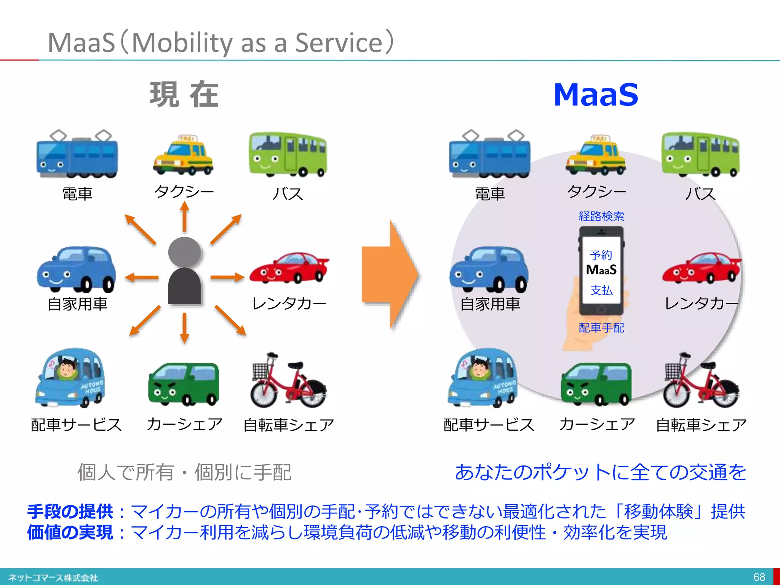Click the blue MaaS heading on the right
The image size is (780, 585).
596,95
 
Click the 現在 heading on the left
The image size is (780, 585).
184,94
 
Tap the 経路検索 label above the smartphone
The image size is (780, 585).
601,216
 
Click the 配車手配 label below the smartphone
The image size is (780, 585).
601,328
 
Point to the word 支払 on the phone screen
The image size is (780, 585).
601,290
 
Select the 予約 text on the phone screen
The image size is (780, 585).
601,255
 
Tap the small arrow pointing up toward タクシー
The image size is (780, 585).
185,216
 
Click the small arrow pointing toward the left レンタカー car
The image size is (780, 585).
227,277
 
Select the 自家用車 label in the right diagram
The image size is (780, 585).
490,304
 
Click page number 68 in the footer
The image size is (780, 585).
759,577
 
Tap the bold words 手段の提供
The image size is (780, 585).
70,511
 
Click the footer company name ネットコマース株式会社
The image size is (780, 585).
53,578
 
